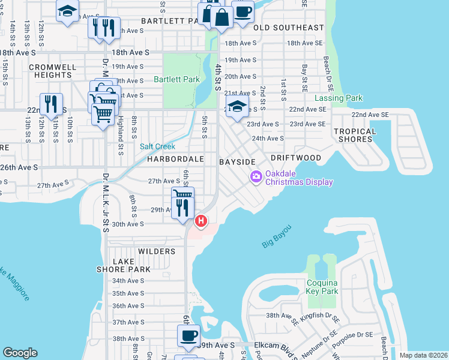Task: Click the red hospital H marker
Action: pyautogui.click(x=201, y=221)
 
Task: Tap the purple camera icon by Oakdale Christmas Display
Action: pyautogui.click(x=256, y=176)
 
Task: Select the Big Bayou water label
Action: pyautogui.click(x=277, y=236)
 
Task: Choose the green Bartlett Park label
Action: pyautogui.click(x=176, y=79)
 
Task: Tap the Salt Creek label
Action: pyautogui.click(x=157, y=146)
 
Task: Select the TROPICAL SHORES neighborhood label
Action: pyautogui.click(x=355, y=136)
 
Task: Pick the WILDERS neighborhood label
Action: pyautogui.click(x=156, y=251)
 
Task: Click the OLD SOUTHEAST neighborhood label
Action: pyautogui.click(x=288, y=28)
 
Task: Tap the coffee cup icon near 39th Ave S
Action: pyautogui.click(x=189, y=335)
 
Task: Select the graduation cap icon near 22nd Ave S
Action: pyautogui.click(x=237, y=107)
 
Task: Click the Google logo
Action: pyautogui.click(x=20, y=353)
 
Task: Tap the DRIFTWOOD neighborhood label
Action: pyautogui.click(x=295, y=158)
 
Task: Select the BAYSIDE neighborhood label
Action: pyautogui.click(x=237, y=163)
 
